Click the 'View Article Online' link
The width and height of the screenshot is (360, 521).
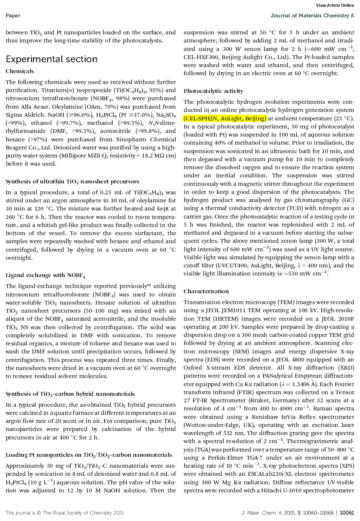click(x=335, y=5)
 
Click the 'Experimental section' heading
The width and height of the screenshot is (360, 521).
click(x=52, y=59)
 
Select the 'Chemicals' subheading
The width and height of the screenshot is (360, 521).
click(x=20, y=71)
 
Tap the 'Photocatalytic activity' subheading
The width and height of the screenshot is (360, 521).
click(x=213, y=91)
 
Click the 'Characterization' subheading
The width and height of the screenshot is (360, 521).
click(x=206, y=291)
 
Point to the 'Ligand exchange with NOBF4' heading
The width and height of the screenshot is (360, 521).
click(x=35, y=275)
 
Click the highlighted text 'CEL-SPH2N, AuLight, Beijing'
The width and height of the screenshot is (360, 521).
click(x=225, y=118)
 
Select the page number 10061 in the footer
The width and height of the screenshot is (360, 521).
click(x=347, y=513)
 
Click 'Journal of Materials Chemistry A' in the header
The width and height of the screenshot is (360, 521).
click(x=312, y=16)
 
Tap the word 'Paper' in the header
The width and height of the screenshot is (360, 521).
click(x=13, y=16)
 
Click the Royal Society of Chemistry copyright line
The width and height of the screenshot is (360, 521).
click(x=65, y=513)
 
